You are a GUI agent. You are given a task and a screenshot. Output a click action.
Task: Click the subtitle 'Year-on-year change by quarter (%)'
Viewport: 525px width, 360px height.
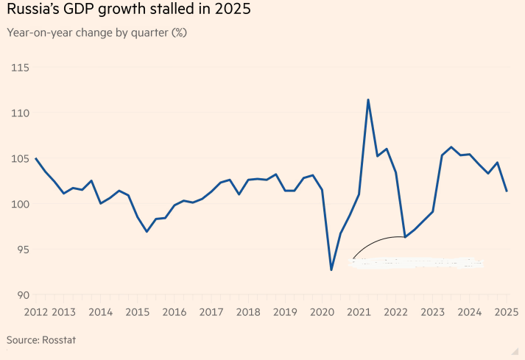pos(96,33)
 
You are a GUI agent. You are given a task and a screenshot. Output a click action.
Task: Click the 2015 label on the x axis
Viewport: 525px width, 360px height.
pos(137,312)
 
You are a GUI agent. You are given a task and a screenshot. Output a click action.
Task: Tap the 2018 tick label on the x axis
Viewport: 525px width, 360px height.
pos(248,312)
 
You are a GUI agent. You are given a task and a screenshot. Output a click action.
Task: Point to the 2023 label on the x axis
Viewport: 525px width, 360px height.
pos(433,312)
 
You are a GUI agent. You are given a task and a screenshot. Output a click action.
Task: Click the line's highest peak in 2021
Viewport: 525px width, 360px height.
pos(368,99)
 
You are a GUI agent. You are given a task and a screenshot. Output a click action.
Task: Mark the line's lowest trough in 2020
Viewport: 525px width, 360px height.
pos(331,270)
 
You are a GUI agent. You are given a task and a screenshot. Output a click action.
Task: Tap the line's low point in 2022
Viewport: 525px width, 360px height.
pos(405,237)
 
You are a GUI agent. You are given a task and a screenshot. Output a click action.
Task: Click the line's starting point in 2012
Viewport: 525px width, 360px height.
pos(36,158)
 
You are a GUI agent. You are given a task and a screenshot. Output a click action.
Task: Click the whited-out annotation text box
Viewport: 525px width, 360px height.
pos(416,262)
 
